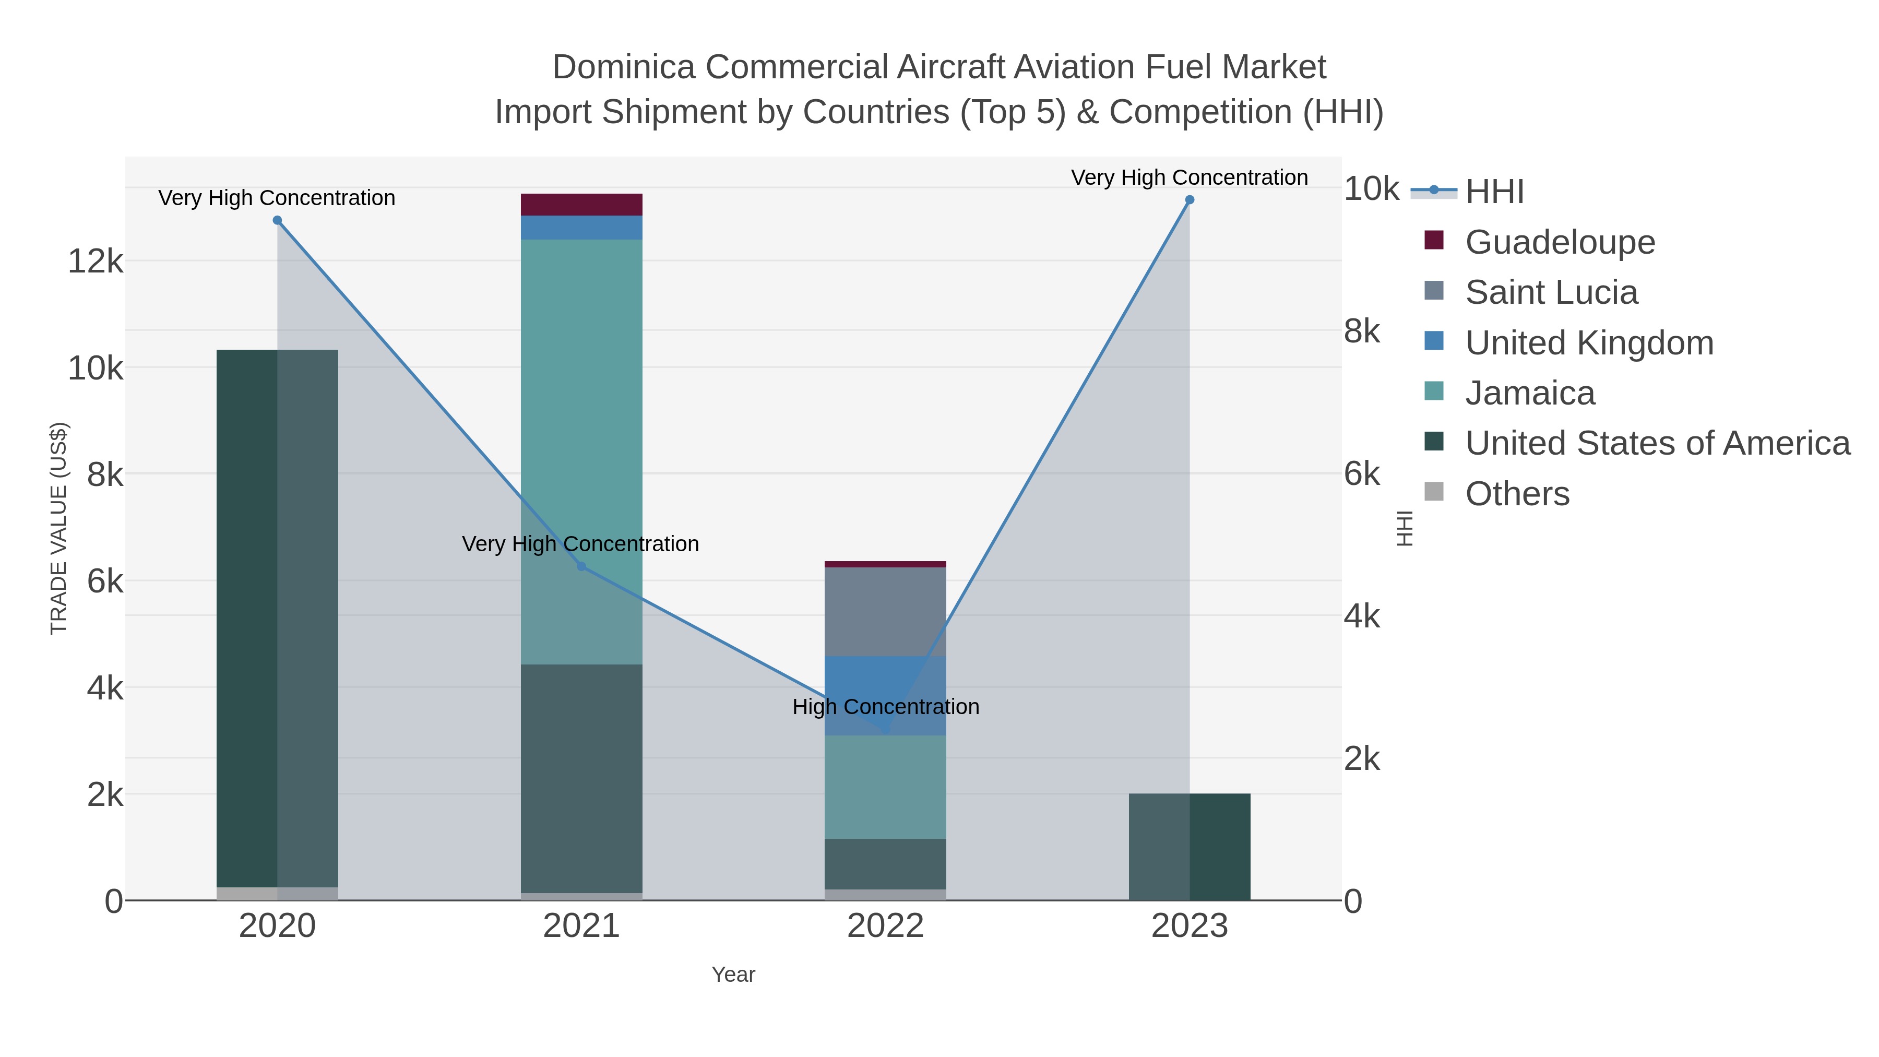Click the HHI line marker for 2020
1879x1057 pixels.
[x=277, y=220]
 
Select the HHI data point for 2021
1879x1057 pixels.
[x=581, y=566]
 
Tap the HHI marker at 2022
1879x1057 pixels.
[x=886, y=730]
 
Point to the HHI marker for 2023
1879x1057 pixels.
[x=1190, y=200]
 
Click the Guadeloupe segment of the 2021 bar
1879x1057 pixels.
[x=581, y=205]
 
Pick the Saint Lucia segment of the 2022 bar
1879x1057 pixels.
[x=886, y=611]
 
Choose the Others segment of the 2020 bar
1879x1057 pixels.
[x=277, y=894]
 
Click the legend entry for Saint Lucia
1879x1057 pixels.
[x=1551, y=292]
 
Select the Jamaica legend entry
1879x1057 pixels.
[x=1530, y=393]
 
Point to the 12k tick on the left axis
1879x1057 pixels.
[x=96, y=261]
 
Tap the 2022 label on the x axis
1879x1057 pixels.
[x=886, y=927]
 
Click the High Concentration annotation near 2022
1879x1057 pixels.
[x=886, y=707]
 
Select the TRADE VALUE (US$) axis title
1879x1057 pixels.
[x=58, y=528]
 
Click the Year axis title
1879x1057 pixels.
[x=733, y=975]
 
